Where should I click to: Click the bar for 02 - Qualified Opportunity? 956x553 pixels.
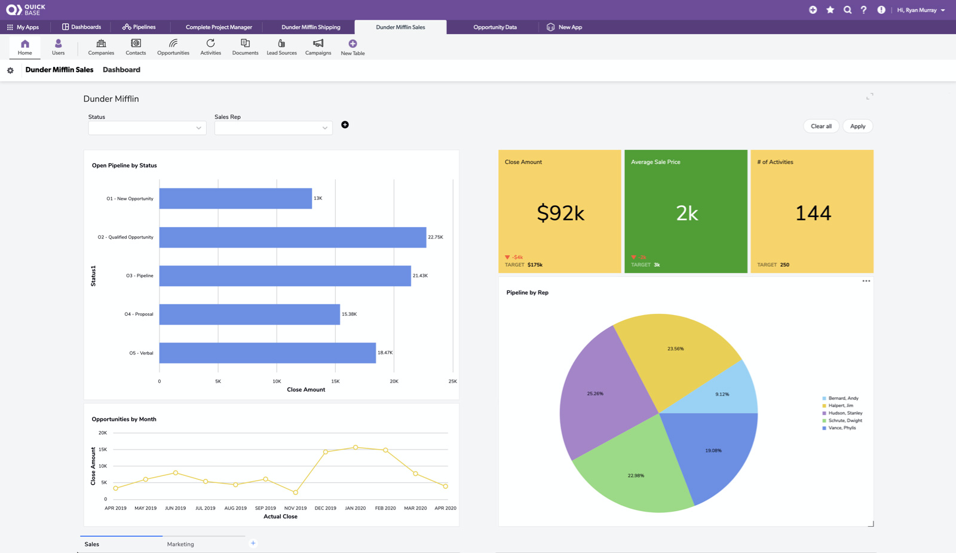[x=293, y=237]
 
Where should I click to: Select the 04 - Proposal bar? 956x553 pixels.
[x=249, y=314]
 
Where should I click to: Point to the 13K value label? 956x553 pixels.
[x=318, y=198]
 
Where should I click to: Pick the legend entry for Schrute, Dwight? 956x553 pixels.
[x=845, y=421]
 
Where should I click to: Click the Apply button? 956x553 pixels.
[x=857, y=126]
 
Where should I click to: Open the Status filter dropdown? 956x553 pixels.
[x=147, y=128]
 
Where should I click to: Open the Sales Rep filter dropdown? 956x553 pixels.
[x=273, y=128]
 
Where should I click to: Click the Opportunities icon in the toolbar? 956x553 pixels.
[x=173, y=47]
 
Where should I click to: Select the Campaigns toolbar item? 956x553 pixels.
[x=318, y=47]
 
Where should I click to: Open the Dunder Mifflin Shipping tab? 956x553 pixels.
[x=311, y=27]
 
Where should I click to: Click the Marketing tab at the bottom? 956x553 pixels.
[x=180, y=544]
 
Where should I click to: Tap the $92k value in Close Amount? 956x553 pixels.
[x=560, y=213]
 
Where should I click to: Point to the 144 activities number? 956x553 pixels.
[x=813, y=213]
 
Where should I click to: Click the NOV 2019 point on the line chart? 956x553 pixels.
[x=296, y=493]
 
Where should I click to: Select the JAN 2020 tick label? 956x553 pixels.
[x=356, y=508]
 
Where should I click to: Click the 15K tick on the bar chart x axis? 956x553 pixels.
[x=335, y=381]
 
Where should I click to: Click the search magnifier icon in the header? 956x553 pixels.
[x=847, y=10]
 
